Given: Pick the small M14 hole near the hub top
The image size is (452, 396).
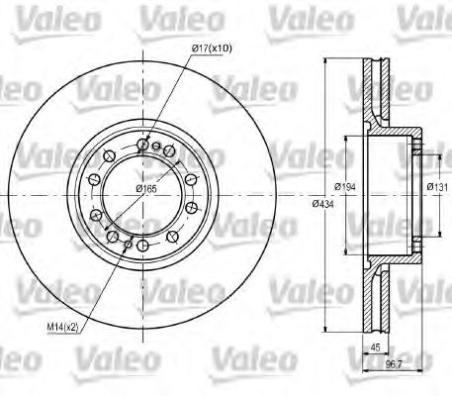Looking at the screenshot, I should coord(156,146).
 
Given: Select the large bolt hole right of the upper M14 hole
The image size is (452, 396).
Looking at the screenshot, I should coord(170,150).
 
